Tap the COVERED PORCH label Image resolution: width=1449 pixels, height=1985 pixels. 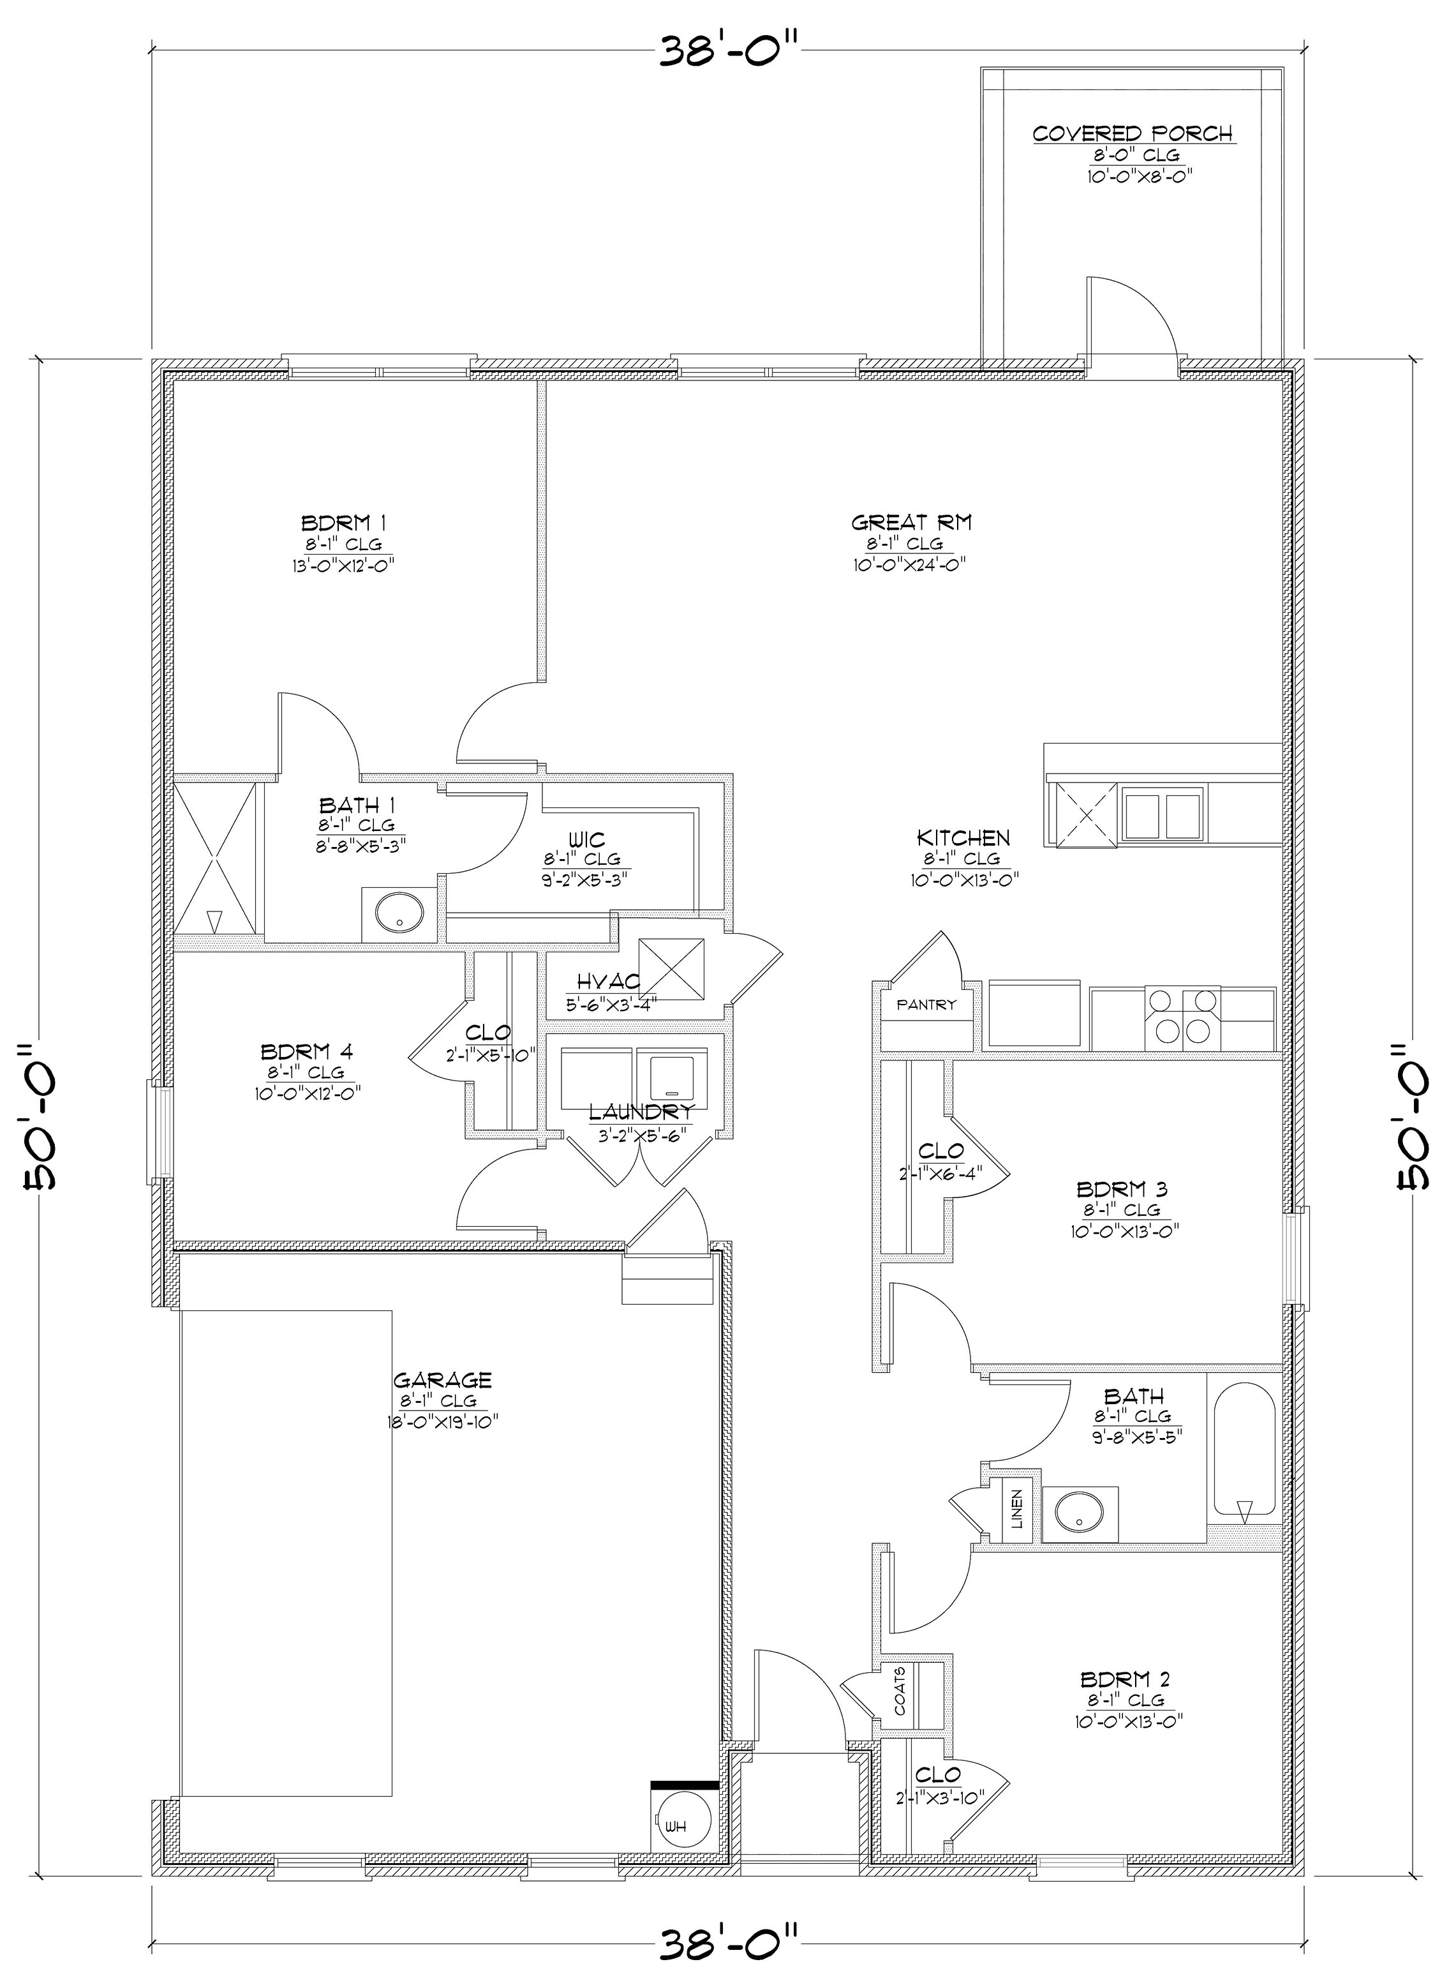point(1133,134)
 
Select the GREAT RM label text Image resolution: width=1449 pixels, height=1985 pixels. point(911,523)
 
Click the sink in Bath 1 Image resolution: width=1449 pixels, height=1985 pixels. point(399,914)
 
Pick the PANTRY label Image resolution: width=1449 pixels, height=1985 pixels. point(925,1005)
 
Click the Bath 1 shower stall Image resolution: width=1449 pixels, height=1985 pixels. point(215,860)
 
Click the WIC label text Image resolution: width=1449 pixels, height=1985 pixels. point(586,841)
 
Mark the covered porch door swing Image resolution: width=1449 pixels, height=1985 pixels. point(1131,320)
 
